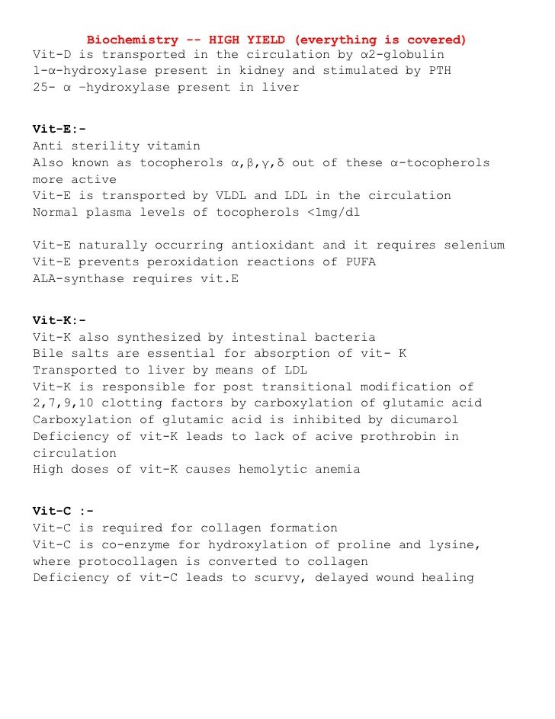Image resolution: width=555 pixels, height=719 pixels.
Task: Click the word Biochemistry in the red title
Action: coord(132,39)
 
